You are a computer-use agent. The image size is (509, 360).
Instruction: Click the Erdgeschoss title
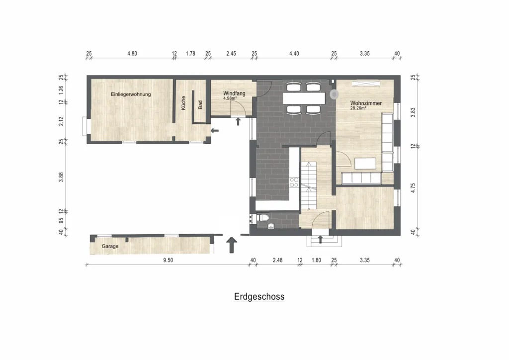(x=259, y=297)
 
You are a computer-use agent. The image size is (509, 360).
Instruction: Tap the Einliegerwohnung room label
(x=131, y=94)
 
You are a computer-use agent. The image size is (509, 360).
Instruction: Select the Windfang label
(x=234, y=93)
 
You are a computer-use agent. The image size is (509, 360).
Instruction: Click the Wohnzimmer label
(x=366, y=103)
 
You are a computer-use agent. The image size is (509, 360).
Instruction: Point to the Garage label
(x=110, y=247)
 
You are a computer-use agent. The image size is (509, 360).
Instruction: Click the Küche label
(x=183, y=103)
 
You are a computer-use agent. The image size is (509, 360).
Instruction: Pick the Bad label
(x=200, y=104)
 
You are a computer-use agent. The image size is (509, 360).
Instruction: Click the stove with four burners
(x=294, y=182)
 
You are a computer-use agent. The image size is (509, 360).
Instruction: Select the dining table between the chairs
(x=304, y=98)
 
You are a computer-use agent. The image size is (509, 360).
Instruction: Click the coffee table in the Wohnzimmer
(x=365, y=164)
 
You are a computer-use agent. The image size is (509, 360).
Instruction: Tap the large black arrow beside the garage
(x=232, y=245)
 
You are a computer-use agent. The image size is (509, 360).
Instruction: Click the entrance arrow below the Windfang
(x=238, y=121)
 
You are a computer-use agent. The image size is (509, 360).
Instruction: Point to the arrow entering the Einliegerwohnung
(x=215, y=130)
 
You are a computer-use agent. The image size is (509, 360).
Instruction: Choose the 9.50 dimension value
(x=168, y=260)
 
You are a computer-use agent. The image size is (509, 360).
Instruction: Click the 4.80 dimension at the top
(x=132, y=54)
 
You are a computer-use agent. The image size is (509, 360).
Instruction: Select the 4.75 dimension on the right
(x=413, y=188)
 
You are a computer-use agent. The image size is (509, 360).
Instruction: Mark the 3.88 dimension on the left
(x=61, y=177)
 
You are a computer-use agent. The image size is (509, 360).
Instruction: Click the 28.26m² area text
(x=358, y=108)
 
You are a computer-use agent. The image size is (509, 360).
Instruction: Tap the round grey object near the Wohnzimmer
(x=334, y=94)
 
